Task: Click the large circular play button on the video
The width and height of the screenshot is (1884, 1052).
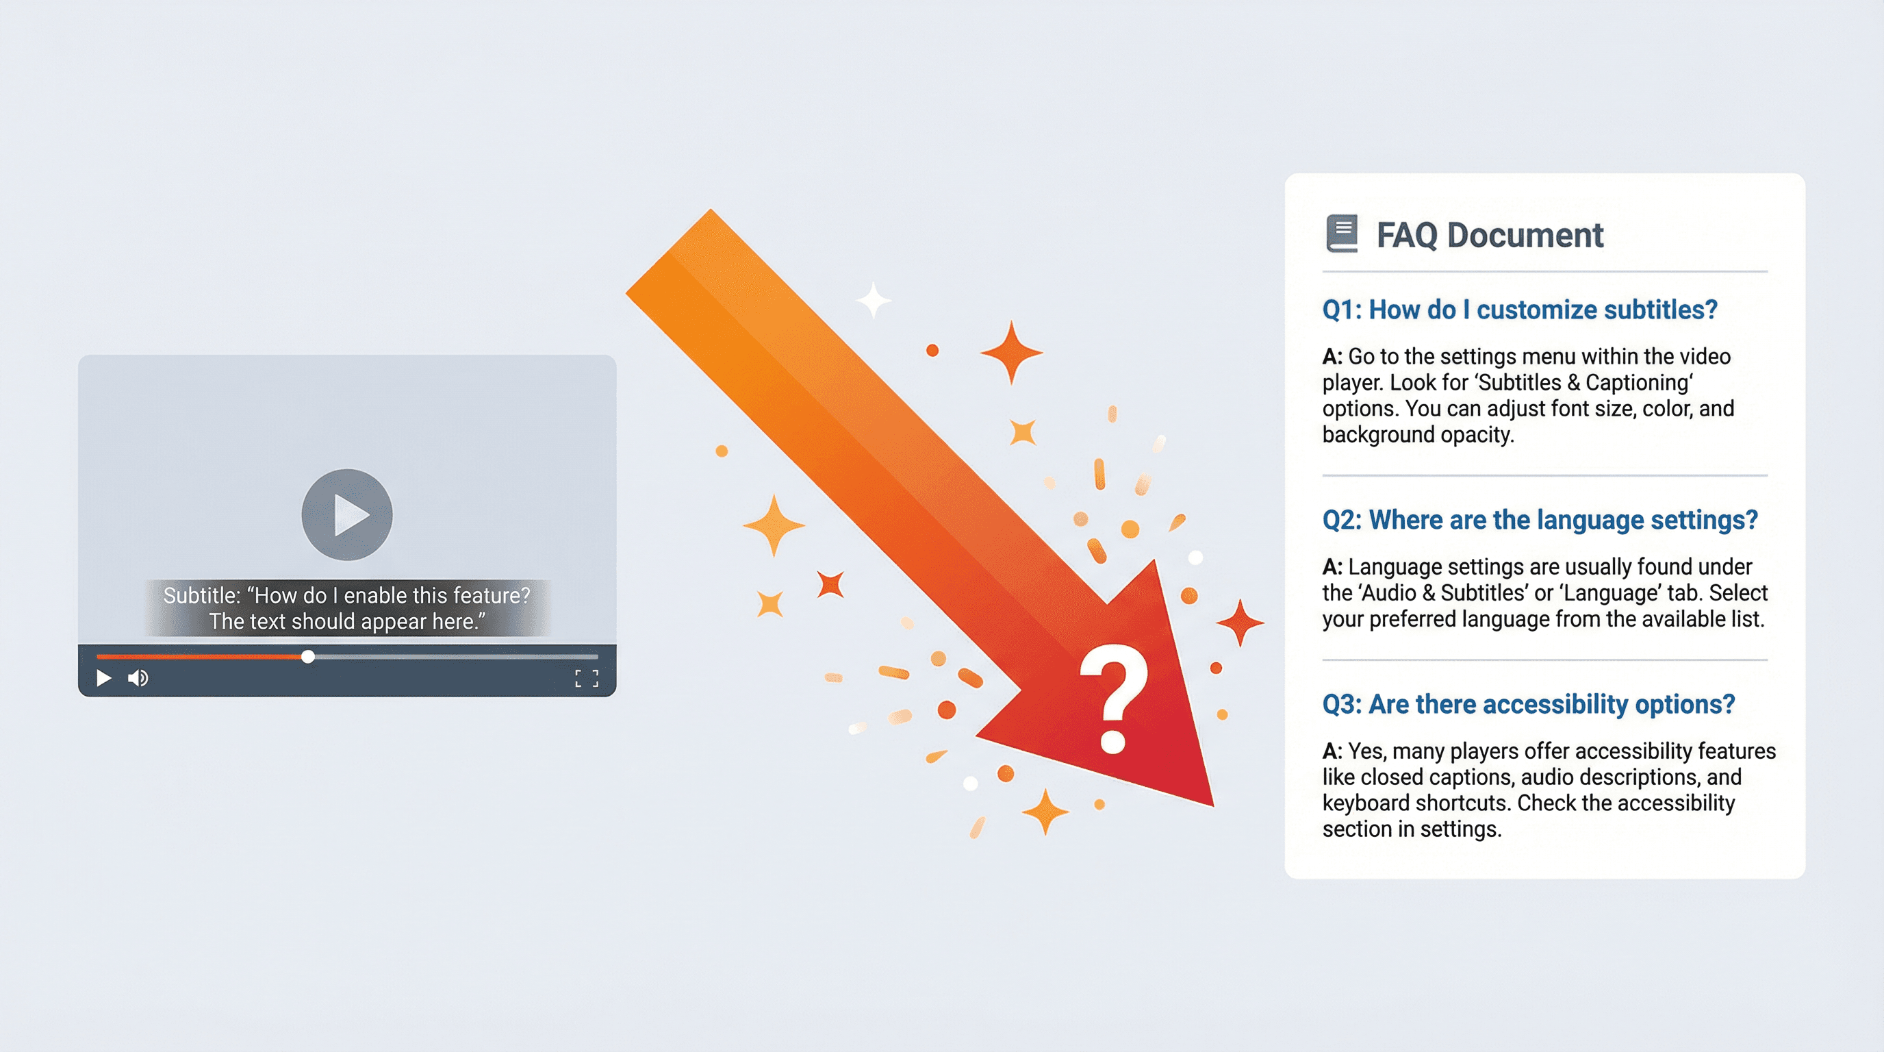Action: click(346, 514)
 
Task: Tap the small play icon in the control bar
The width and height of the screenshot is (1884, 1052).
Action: click(104, 678)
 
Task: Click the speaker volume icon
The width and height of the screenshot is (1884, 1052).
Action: click(138, 678)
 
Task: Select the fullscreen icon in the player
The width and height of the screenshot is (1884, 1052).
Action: click(587, 678)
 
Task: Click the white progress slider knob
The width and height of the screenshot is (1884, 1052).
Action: click(308, 656)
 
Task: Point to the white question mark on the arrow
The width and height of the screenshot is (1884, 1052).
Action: click(1113, 699)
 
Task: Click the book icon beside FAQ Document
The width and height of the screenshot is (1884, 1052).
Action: click(1341, 234)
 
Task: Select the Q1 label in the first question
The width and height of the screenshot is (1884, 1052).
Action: click(1341, 310)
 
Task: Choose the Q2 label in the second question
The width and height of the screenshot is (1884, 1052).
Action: click(1341, 519)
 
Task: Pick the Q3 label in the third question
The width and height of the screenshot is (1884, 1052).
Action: click(1341, 704)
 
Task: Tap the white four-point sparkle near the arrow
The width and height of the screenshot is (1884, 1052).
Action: click(874, 299)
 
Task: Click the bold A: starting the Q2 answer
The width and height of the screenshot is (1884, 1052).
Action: click(1332, 566)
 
